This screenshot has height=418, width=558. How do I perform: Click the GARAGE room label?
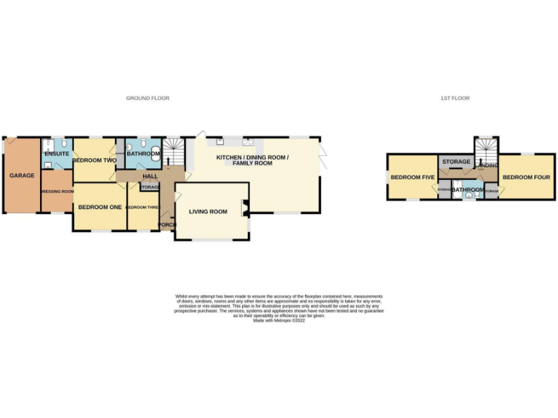(x=22, y=176)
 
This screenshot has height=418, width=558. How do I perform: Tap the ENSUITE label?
(x=57, y=154)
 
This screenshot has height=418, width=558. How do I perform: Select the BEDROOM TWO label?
(x=94, y=160)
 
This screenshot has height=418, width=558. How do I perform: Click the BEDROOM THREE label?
(x=142, y=208)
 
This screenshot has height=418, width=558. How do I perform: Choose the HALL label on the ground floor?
(x=150, y=176)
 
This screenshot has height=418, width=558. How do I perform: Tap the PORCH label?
(x=166, y=224)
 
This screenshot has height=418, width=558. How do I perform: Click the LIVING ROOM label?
(x=208, y=212)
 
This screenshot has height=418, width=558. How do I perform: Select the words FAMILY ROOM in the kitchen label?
(x=252, y=164)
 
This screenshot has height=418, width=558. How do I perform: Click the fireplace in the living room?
(x=246, y=209)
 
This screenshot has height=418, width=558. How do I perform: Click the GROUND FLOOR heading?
(x=147, y=98)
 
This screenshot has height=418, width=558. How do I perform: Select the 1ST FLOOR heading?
(x=455, y=98)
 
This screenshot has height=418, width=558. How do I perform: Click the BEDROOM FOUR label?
(x=526, y=177)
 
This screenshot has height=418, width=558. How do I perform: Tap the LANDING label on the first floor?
(x=488, y=166)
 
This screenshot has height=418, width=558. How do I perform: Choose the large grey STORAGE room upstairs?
(x=456, y=161)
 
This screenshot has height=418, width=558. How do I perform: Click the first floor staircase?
(x=485, y=149)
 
